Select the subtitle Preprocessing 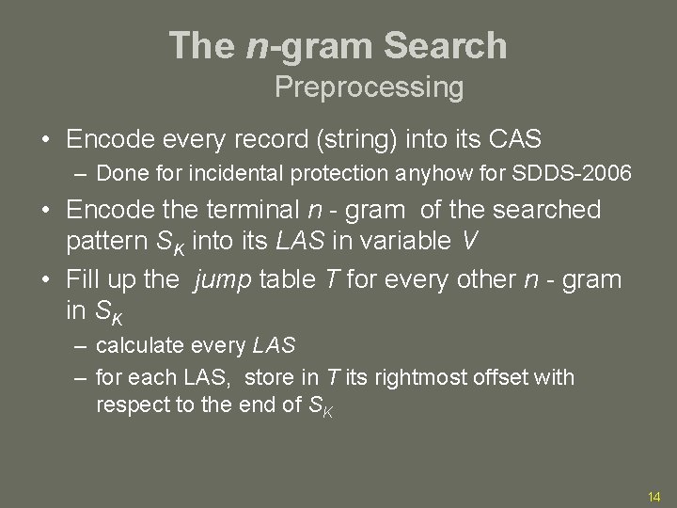click(x=369, y=87)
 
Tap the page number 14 click(x=655, y=496)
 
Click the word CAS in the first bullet click(x=516, y=139)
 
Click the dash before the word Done click(x=83, y=173)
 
